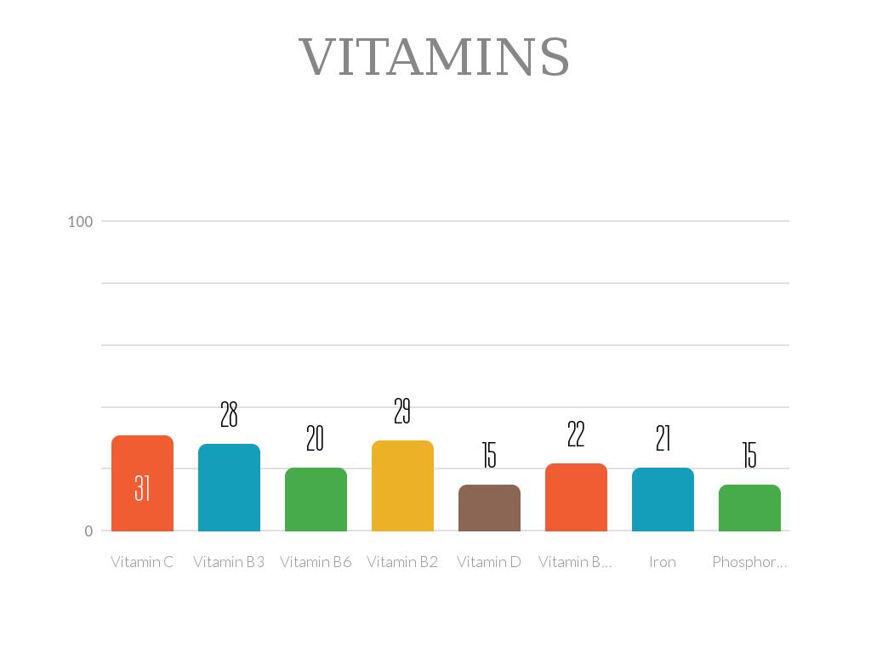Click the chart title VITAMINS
[435, 57]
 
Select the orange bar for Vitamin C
[142, 463]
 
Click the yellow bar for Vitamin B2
[402, 485]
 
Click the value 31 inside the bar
[142, 488]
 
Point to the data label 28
[229, 415]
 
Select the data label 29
[402, 412]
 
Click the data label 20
[316, 440]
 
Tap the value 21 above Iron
[663, 439]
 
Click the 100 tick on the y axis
[80, 222]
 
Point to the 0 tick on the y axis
[88, 531]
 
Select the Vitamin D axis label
[489, 562]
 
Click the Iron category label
[663, 562]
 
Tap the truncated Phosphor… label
[749, 562]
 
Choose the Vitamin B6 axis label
[316, 562]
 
